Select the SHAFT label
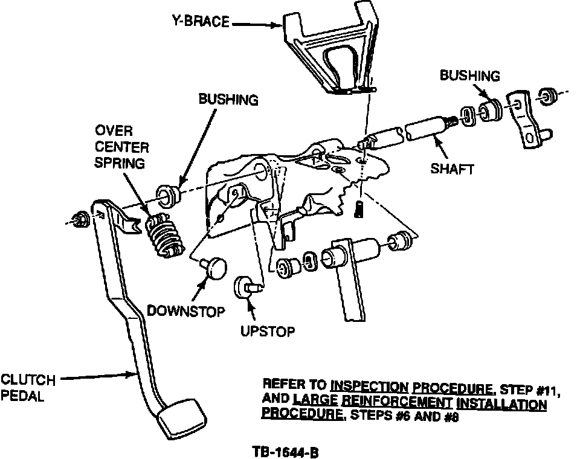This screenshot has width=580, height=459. pos(452,170)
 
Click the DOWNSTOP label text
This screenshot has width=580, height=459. pos(186,312)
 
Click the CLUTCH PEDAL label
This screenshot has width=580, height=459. pos(28,387)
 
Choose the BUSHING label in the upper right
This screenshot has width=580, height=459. pos(470,76)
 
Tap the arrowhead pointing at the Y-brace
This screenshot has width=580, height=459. pos(279,25)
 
